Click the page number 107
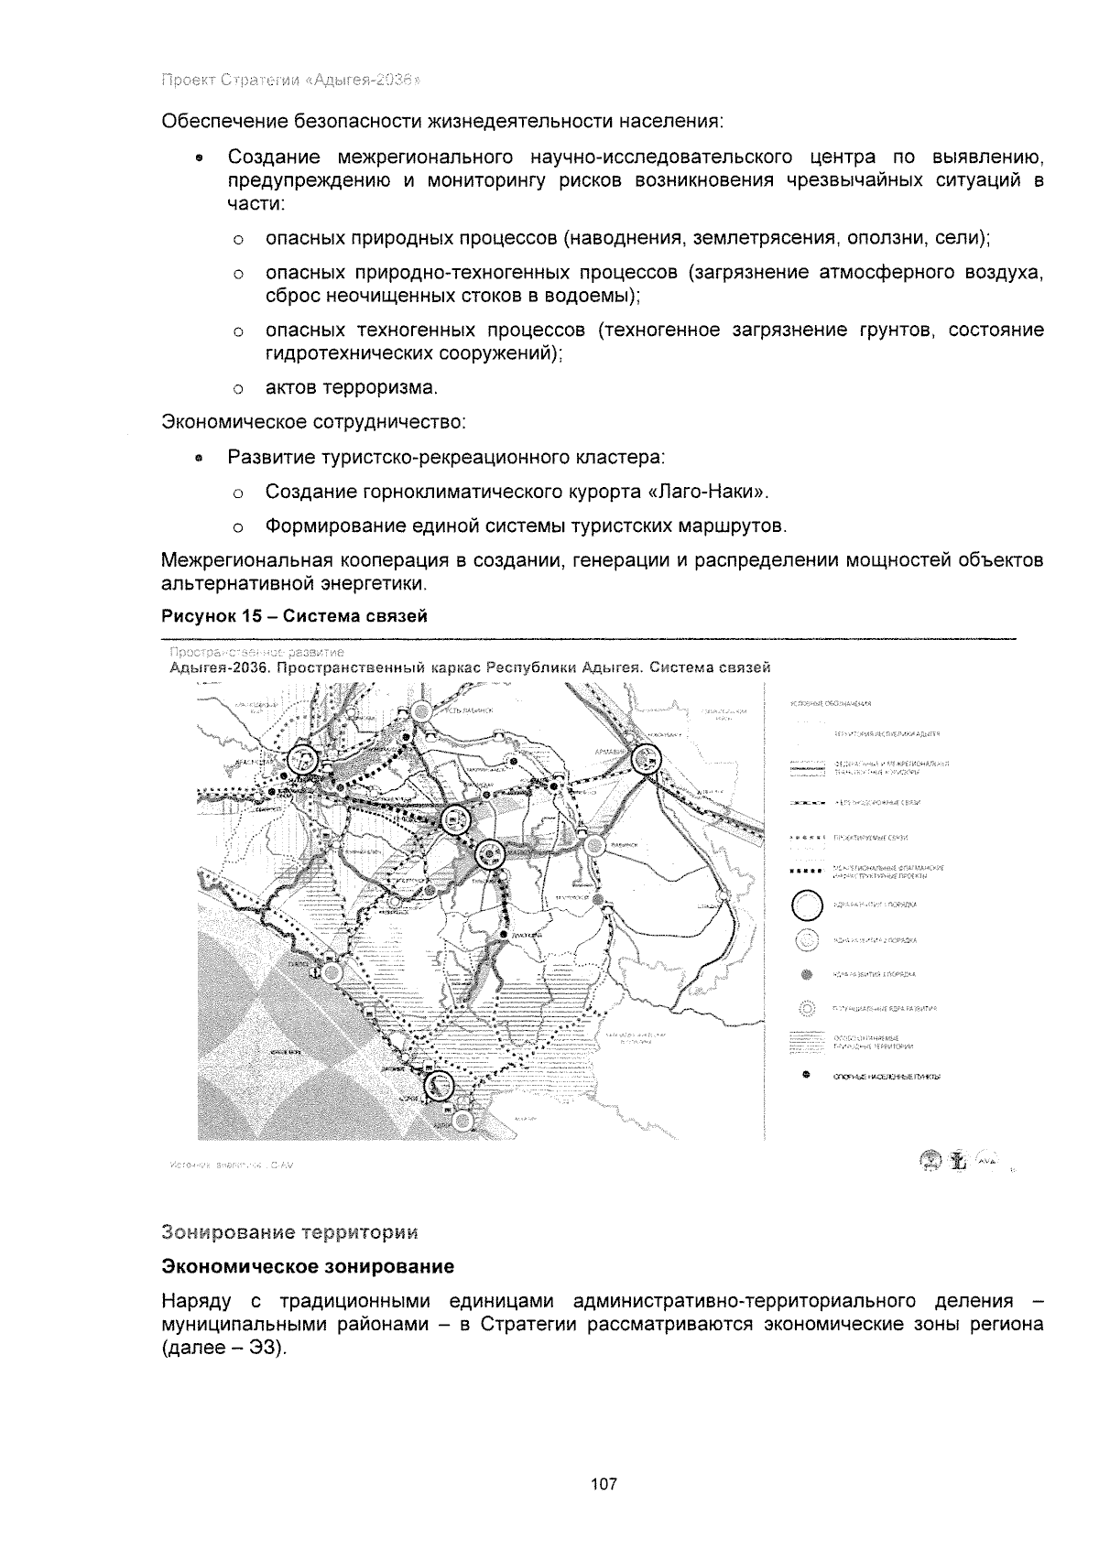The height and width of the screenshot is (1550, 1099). pos(604,1484)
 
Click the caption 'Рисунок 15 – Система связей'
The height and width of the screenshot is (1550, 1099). pos(294,616)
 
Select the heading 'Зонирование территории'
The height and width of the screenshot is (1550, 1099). pos(288,1231)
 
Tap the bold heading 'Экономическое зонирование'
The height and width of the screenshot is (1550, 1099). pos(308,1267)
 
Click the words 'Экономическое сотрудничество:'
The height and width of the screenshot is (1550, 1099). pos(314,423)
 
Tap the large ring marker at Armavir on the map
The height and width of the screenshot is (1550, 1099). pos(648,759)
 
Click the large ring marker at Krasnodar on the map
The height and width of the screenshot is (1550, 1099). pos(301,760)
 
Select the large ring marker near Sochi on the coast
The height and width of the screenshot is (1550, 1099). pos(440,1085)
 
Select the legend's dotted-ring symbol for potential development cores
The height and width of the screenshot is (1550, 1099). pos(807,1008)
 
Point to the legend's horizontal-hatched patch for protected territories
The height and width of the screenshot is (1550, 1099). pos(807,1041)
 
